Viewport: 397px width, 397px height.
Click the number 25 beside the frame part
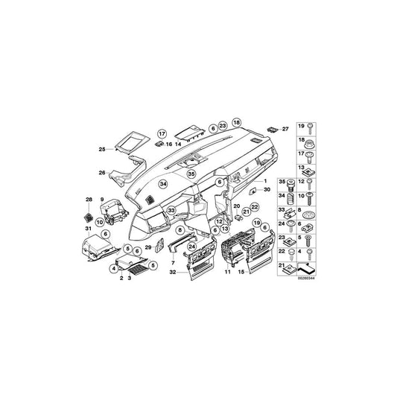(102, 150)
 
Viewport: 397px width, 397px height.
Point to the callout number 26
(102, 173)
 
